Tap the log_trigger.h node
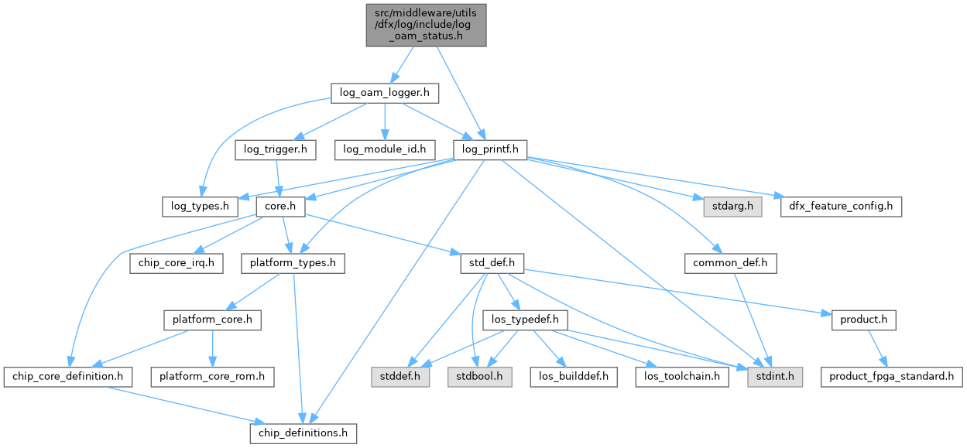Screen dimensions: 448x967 tap(275, 149)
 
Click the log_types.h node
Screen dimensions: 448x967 tap(199, 207)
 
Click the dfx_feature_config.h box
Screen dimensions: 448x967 tap(840, 207)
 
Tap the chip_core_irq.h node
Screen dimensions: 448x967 tap(176, 263)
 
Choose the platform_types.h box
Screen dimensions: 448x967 tap(293, 263)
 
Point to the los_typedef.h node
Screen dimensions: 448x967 tap(525, 320)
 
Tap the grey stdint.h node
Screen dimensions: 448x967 tap(774, 377)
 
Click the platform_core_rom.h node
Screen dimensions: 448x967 tap(211, 377)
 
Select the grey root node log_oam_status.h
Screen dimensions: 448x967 tap(427, 23)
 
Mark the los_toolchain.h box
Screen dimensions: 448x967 tap(681, 377)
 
